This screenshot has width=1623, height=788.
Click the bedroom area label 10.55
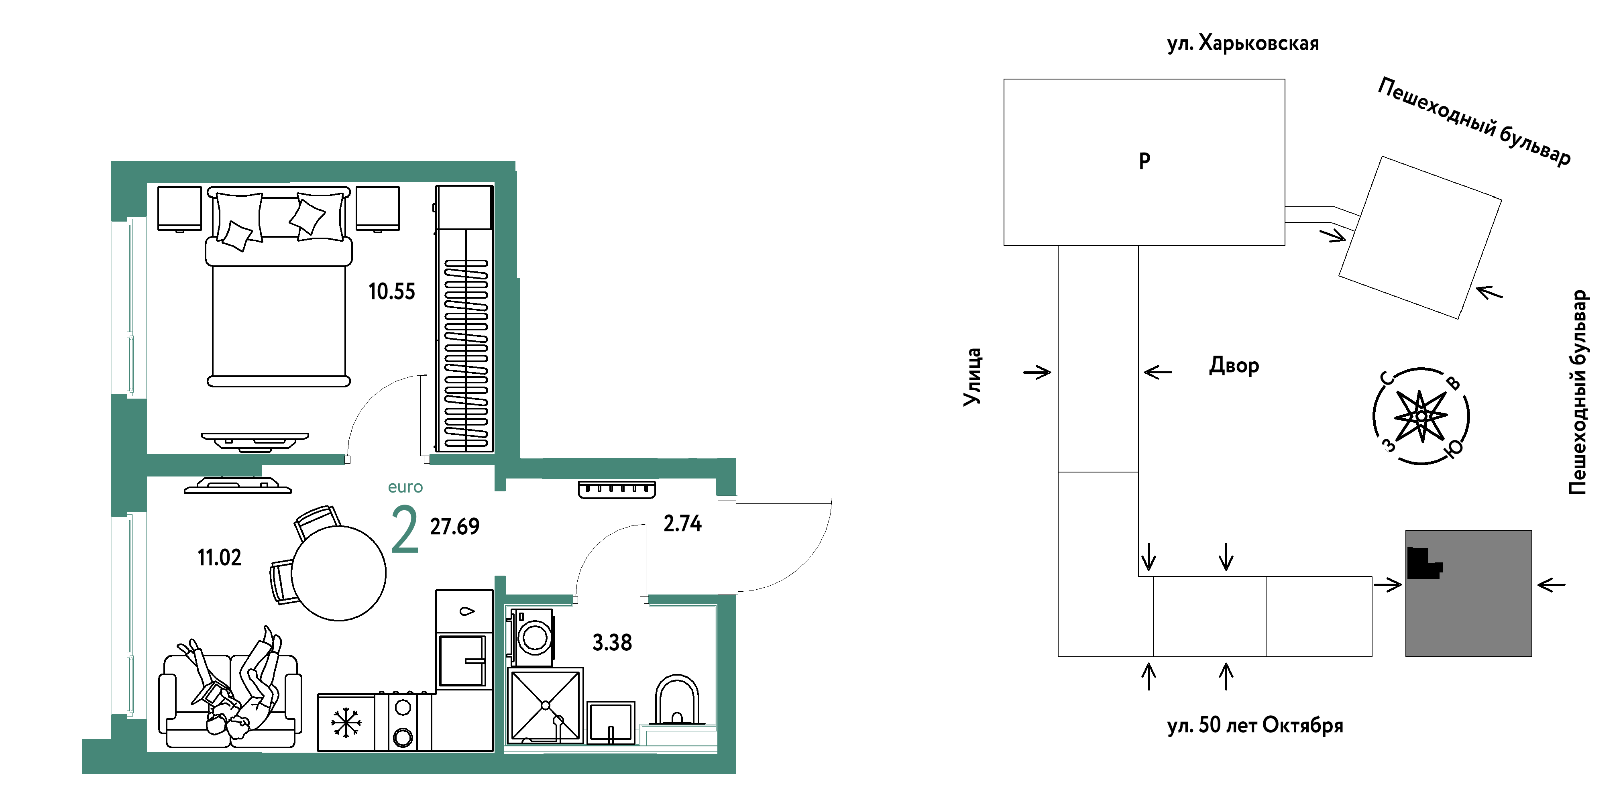[391, 292]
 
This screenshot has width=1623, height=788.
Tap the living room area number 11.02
[219, 558]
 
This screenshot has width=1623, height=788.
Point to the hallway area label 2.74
[682, 523]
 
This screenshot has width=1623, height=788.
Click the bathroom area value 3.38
[612, 643]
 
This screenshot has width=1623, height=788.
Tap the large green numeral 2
[405, 530]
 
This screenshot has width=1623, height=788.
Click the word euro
[405, 487]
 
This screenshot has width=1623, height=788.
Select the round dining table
[339, 573]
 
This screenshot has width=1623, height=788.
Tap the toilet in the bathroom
[677, 700]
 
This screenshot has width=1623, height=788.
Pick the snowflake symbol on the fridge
[346, 723]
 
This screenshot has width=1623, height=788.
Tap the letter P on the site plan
[1145, 161]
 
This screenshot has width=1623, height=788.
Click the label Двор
[1234, 365]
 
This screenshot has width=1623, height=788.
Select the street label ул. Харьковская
[1242, 43]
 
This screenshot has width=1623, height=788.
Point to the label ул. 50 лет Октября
[1255, 725]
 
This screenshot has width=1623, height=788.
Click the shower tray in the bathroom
[545, 705]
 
